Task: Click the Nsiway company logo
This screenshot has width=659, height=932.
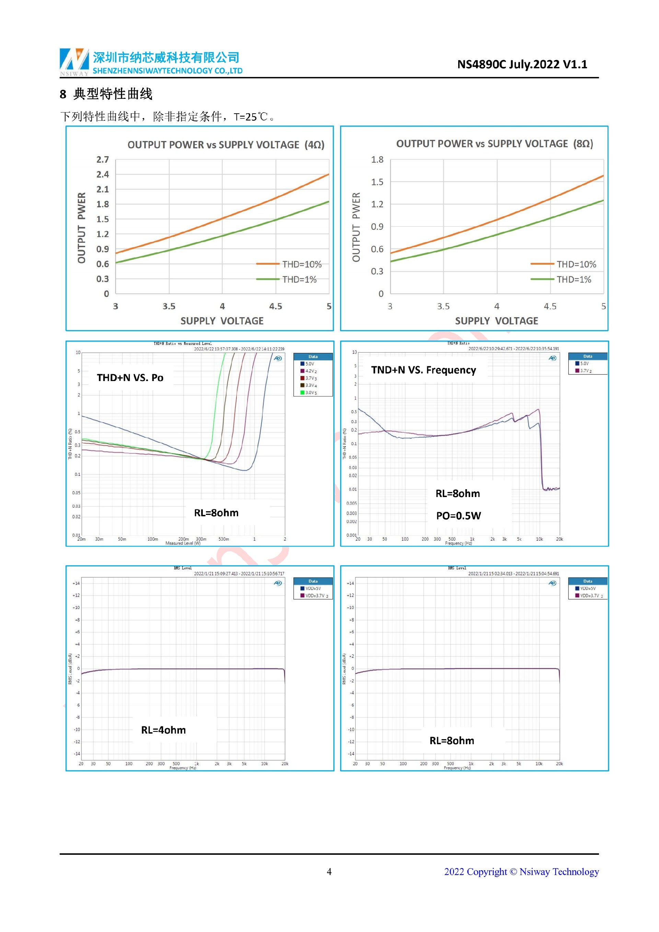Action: click(74, 62)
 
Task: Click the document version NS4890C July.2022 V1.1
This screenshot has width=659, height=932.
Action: click(522, 65)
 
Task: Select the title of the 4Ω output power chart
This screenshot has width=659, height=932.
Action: click(226, 145)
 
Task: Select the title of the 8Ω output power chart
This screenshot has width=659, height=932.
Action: click(494, 144)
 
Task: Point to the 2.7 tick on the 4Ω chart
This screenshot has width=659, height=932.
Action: click(103, 160)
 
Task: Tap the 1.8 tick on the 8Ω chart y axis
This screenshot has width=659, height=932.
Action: click(377, 160)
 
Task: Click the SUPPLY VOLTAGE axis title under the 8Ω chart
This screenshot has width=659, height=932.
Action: click(496, 321)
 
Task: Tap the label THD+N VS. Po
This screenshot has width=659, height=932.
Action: click(130, 378)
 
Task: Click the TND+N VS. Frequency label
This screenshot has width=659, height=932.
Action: click(423, 370)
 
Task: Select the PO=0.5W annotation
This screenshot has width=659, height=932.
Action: click(458, 516)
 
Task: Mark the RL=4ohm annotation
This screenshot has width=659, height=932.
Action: click(163, 730)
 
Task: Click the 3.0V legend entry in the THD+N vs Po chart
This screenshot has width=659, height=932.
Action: click(310, 392)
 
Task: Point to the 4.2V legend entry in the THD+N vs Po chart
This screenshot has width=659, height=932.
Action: click(310, 371)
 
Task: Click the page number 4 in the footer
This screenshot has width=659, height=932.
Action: click(329, 872)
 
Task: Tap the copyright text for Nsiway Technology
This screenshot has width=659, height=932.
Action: click(521, 872)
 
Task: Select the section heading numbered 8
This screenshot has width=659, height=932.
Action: click(106, 94)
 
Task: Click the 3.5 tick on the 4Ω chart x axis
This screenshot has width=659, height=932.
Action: click(169, 306)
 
